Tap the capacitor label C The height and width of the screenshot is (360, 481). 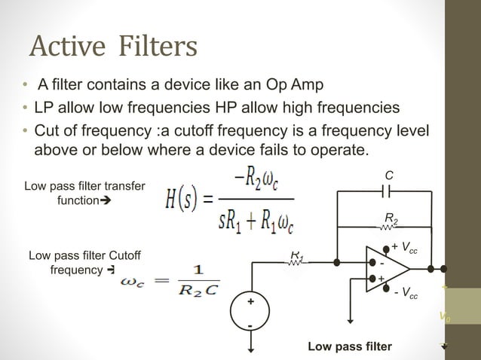388,175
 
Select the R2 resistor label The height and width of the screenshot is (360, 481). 391,219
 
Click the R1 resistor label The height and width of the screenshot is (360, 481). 297,256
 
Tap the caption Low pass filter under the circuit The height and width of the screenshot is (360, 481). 349,346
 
